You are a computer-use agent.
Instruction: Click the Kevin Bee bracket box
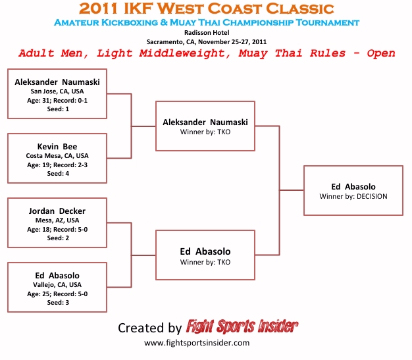pyautogui.click(x=57, y=158)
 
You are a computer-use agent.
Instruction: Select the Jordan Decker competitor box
pyautogui.click(x=57, y=222)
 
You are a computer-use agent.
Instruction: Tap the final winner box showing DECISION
pyautogui.click(x=353, y=190)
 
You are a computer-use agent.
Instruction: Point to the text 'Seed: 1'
pyautogui.click(x=57, y=109)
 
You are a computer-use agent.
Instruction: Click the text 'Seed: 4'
pyautogui.click(x=57, y=174)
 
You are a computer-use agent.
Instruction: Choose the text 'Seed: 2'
pyautogui.click(x=57, y=238)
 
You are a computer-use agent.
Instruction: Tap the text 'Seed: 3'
pyautogui.click(x=57, y=303)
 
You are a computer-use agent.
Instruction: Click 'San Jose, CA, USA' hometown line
pyautogui.click(x=57, y=91)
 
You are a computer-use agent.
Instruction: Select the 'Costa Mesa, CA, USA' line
pyautogui.click(x=57, y=155)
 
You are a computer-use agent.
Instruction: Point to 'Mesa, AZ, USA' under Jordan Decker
pyautogui.click(x=57, y=220)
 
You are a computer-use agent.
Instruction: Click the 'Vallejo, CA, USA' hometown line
pyautogui.click(x=57, y=284)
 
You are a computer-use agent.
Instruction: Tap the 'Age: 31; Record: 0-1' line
pyautogui.click(x=57, y=100)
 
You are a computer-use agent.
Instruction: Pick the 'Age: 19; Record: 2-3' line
pyautogui.click(x=57, y=165)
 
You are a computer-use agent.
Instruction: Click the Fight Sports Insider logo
pyautogui.click(x=242, y=326)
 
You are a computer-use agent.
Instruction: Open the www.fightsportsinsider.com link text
pyautogui.click(x=197, y=343)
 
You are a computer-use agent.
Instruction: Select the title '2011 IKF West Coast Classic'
pyautogui.click(x=206, y=9)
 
